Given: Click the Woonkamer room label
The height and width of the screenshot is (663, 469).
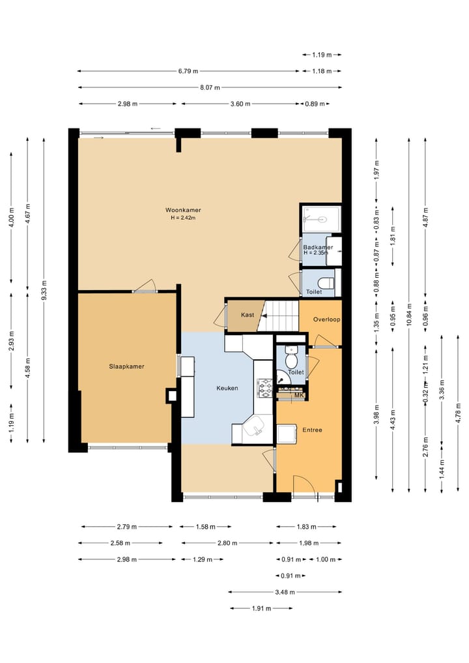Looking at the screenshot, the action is [183, 210].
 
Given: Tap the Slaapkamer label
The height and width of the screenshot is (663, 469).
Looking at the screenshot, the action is [127, 366].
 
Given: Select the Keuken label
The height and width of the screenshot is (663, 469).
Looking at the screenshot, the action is [227, 388].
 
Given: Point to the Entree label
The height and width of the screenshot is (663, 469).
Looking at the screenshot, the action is [312, 430].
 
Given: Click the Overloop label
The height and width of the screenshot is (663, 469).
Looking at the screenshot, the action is [326, 319].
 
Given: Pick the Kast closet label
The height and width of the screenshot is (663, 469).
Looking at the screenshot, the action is [248, 315].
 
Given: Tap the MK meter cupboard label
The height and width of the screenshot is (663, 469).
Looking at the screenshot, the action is [299, 395].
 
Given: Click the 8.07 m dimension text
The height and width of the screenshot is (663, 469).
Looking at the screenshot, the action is [210, 87].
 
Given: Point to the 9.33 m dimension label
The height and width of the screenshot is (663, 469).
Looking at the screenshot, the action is [44, 291].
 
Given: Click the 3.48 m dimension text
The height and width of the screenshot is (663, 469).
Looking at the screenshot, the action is [285, 592].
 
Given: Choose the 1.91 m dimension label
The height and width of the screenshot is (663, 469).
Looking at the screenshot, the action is [262, 608].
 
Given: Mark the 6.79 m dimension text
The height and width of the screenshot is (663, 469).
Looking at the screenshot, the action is [188, 71].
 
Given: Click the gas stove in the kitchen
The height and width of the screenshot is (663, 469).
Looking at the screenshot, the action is [265, 389].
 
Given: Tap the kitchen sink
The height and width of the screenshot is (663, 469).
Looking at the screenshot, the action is [255, 427].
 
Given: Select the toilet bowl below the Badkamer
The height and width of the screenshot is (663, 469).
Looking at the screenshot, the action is [326, 282].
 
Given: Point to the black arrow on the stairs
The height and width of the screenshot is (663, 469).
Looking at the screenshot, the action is [264, 316].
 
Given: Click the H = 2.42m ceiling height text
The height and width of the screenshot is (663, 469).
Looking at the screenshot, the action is [183, 218].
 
